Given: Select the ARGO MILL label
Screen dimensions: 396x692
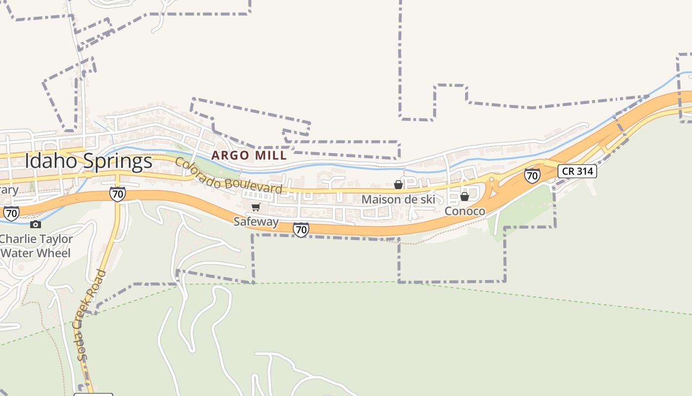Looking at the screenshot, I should [249, 155].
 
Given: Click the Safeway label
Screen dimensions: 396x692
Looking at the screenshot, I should [256, 222].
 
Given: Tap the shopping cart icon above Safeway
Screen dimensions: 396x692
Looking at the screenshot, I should [256, 207].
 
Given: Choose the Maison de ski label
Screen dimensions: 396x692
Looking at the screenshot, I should [398, 199].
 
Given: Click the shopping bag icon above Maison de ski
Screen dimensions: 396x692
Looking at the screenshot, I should [398, 185].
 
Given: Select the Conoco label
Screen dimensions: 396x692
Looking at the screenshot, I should [465, 211].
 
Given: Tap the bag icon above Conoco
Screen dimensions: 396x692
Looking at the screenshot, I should [464, 197].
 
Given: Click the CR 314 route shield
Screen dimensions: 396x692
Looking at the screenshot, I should [577, 171].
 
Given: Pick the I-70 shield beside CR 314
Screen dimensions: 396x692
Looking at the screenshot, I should [532, 176].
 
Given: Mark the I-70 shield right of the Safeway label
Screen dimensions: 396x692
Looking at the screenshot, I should [301, 230].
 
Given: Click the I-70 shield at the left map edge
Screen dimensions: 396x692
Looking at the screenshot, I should [11, 213].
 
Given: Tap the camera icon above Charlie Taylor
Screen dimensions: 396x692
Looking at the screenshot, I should [35, 225].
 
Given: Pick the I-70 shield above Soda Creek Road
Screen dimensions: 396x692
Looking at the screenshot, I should [117, 194].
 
